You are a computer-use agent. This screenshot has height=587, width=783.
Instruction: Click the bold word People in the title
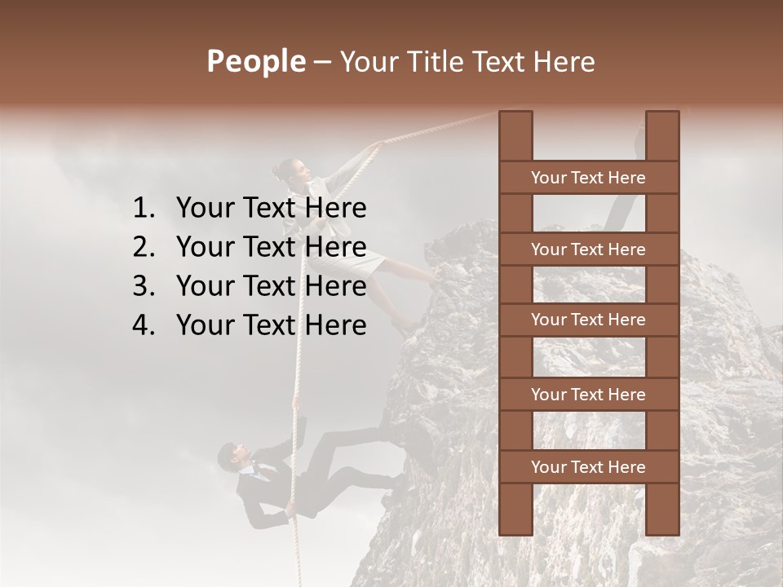[255, 62]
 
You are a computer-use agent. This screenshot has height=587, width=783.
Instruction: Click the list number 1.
[143, 209]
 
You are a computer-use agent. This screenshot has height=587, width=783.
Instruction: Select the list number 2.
[143, 248]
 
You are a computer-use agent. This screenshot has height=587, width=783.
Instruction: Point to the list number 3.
[143, 287]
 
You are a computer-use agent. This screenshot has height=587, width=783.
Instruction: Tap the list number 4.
[143, 326]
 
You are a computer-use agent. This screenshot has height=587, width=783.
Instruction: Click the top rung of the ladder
[588, 178]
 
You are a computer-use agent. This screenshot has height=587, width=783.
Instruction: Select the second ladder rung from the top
[588, 249]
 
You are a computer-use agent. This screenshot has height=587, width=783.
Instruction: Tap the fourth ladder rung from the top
[588, 395]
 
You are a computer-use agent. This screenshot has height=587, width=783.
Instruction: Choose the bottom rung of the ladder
[588, 467]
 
